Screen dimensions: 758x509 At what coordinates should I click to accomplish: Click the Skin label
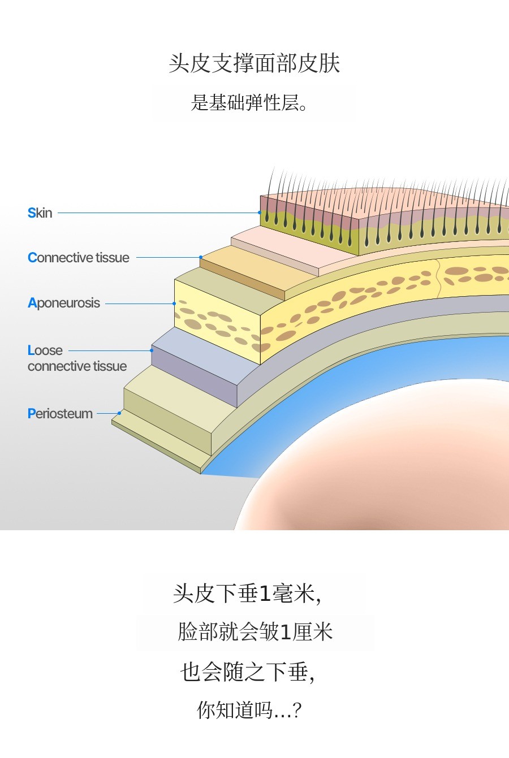[40, 213]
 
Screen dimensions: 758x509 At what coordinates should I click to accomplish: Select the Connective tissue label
[79, 258]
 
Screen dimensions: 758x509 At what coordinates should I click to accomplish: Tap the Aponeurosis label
[64, 303]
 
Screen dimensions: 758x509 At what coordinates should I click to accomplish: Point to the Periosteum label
[61, 414]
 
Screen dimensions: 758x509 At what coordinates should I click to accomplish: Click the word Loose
[45, 350]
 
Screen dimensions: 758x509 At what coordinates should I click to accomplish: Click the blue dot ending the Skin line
[260, 213]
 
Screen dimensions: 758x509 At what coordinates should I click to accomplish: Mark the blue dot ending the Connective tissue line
[201, 257]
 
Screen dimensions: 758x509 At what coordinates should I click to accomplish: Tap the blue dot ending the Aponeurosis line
[174, 304]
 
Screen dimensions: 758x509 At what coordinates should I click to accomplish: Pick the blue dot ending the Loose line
[152, 350]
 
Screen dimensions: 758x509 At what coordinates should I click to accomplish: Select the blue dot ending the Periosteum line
[119, 413]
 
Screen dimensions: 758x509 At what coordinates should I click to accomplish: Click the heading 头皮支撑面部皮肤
[255, 63]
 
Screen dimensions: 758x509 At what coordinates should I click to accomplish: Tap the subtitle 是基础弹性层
[249, 103]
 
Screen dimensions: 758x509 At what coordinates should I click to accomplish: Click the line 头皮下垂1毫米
[247, 594]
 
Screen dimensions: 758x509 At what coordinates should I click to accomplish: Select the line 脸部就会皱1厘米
[255, 632]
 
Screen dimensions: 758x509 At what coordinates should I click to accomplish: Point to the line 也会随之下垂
[247, 672]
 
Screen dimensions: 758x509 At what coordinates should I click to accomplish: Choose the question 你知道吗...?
[249, 710]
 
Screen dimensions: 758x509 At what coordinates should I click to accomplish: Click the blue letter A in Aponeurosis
[32, 304]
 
